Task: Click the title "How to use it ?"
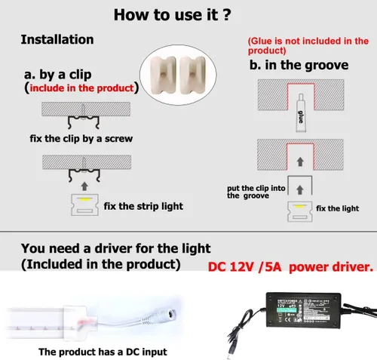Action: (x=172, y=14)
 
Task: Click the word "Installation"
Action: (x=57, y=39)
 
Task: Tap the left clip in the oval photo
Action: (x=163, y=75)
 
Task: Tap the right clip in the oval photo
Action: (x=193, y=75)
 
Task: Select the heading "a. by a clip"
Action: (x=58, y=75)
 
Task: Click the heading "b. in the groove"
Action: (x=299, y=65)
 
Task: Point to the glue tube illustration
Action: (x=301, y=112)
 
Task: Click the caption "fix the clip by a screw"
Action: (x=81, y=139)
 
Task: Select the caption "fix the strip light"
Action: (x=143, y=206)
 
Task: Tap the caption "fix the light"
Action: (x=337, y=208)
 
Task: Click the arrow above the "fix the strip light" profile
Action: (x=84, y=186)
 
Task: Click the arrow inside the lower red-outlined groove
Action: (x=300, y=162)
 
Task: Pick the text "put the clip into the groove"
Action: (x=256, y=192)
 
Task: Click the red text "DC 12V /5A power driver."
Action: (x=290, y=267)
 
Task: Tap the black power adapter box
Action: (x=303, y=310)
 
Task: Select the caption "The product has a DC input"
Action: (x=103, y=352)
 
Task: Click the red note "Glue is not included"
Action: (x=308, y=45)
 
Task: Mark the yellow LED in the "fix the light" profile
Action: (x=299, y=206)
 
